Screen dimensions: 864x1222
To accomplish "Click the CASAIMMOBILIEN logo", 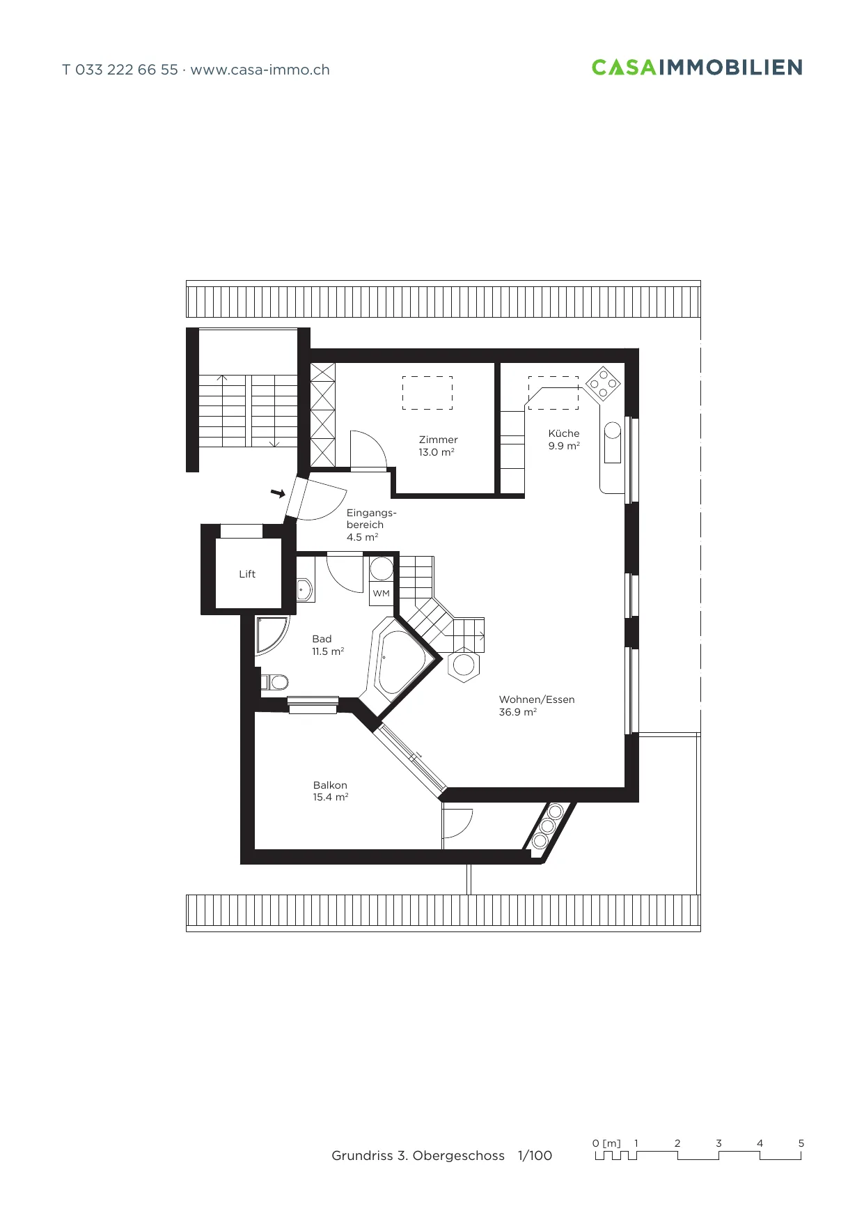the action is click(697, 68).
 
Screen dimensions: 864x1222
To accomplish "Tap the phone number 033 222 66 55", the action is click(127, 70).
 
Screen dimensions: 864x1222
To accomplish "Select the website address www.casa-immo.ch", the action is click(260, 70).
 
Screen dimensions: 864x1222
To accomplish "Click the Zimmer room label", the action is click(438, 440).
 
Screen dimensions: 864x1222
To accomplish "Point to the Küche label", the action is click(563, 433).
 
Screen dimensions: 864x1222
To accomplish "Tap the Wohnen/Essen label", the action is click(537, 699).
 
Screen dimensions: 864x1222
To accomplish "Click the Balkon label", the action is click(330, 785).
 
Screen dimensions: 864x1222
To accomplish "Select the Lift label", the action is click(247, 574).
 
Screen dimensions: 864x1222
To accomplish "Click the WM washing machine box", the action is click(382, 594).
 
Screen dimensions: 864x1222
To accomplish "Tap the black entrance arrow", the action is click(278, 493).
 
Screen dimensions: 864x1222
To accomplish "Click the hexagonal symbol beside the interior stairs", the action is click(464, 665).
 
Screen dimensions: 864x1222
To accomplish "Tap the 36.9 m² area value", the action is click(517, 712).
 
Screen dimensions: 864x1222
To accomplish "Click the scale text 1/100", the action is click(535, 1156).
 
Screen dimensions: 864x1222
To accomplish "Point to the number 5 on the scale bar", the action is click(801, 1143).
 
